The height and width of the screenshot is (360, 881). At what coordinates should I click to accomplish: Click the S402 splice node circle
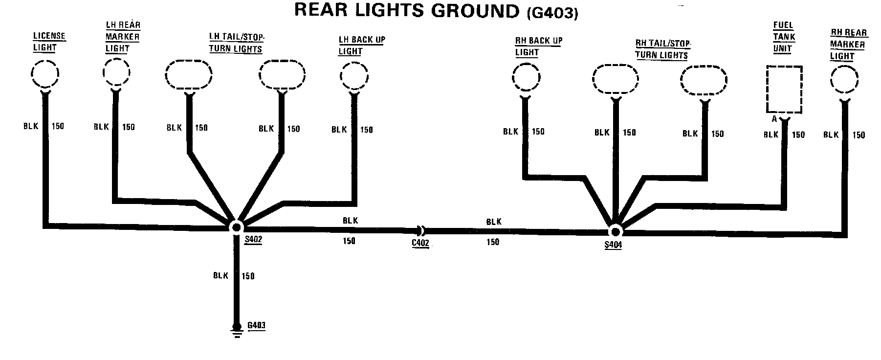tap(237, 227)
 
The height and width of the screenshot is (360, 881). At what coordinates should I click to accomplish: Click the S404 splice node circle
tap(615, 231)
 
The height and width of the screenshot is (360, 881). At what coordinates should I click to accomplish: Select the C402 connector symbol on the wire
tap(420, 229)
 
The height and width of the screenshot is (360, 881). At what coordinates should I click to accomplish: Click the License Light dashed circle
tap(44, 74)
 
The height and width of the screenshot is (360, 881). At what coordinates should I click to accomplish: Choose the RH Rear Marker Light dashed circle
tap(844, 80)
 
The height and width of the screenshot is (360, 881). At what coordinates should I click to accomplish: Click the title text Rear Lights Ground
tap(407, 11)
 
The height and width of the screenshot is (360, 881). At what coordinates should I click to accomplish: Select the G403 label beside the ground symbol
tap(257, 326)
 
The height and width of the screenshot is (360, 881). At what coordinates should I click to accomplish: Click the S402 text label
tap(253, 240)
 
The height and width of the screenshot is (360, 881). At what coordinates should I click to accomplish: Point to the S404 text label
tap(613, 245)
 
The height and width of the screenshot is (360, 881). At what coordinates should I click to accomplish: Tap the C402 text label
tap(420, 243)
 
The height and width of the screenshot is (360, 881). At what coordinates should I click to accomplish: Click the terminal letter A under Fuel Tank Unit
tap(774, 119)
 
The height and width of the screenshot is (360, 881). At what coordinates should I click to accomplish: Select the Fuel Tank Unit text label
tap(784, 37)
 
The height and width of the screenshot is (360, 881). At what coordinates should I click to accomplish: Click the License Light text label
tap(49, 42)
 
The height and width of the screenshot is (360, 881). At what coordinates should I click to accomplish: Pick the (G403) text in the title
tap(552, 13)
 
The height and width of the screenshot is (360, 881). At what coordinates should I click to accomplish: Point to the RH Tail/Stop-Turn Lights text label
tap(662, 49)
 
